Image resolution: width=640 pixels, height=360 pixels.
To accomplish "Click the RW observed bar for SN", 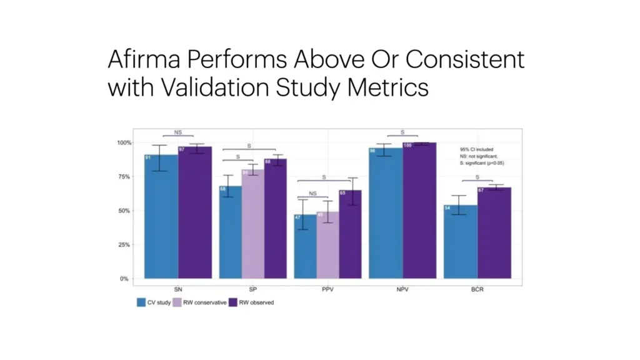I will [x=195, y=212].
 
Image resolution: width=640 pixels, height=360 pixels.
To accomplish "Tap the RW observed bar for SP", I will [x=275, y=219].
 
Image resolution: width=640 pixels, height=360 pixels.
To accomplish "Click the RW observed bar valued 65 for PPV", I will [x=350, y=234].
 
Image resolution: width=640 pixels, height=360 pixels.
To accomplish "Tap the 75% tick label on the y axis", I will [x=124, y=177].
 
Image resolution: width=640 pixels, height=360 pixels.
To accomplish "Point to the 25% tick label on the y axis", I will [x=124, y=245].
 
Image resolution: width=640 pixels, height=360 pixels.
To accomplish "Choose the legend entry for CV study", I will [x=154, y=302].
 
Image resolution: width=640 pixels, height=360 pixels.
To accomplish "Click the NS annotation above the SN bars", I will [x=178, y=132].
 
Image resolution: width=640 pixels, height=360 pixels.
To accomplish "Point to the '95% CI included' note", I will [x=476, y=150].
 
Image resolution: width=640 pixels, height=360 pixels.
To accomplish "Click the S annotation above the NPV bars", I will [x=402, y=132].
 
